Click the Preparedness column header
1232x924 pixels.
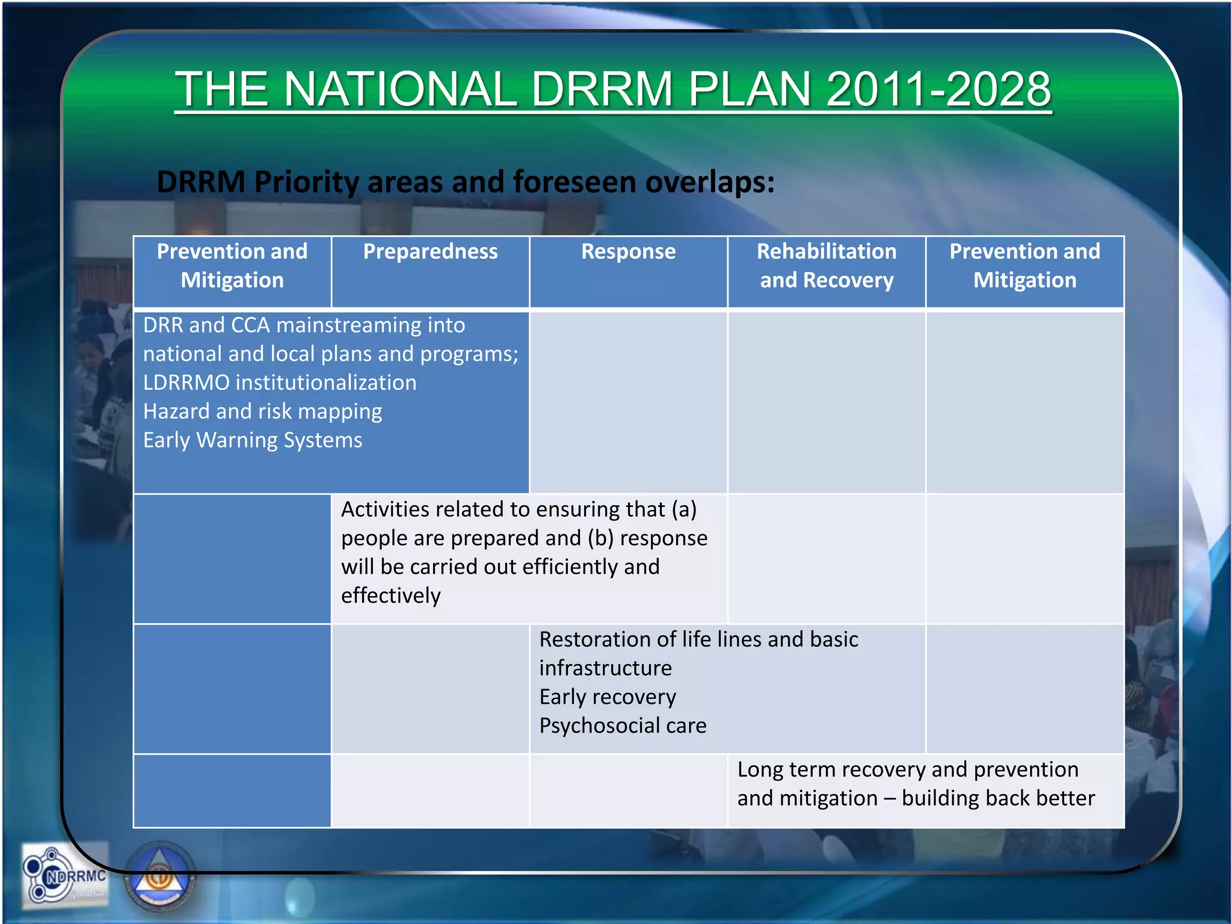click(430, 251)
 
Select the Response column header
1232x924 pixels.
click(628, 251)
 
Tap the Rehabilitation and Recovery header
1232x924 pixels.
click(827, 265)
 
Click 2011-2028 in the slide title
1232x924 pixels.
click(938, 89)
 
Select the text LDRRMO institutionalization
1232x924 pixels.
click(280, 383)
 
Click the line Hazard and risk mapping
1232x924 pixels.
click(262, 411)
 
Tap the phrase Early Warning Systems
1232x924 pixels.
click(253, 440)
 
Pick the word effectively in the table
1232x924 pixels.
click(391, 596)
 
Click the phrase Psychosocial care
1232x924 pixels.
click(623, 725)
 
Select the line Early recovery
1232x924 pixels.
click(608, 697)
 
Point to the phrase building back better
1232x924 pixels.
click(998, 798)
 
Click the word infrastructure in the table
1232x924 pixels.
click(605, 668)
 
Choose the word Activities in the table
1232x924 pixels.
click(384, 510)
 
